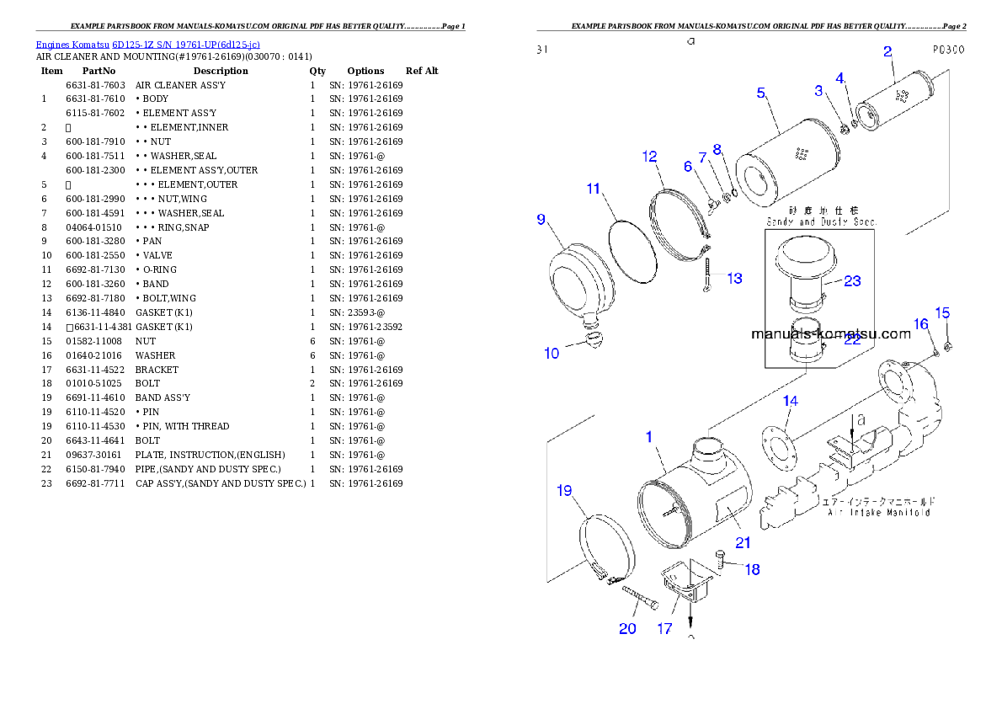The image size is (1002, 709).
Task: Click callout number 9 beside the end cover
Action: click(541, 220)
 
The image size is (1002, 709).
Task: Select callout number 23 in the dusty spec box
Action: click(852, 280)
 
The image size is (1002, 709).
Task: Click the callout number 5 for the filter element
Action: click(760, 93)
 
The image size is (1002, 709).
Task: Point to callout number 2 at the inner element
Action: click(887, 51)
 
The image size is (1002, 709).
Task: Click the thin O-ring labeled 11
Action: click(632, 248)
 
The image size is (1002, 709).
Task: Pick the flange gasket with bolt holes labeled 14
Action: click(780, 445)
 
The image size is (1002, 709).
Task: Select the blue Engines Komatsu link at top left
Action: click(147, 44)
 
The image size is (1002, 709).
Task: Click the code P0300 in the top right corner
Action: click(948, 50)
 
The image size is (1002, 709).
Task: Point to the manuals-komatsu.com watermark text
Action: click(830, 333)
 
